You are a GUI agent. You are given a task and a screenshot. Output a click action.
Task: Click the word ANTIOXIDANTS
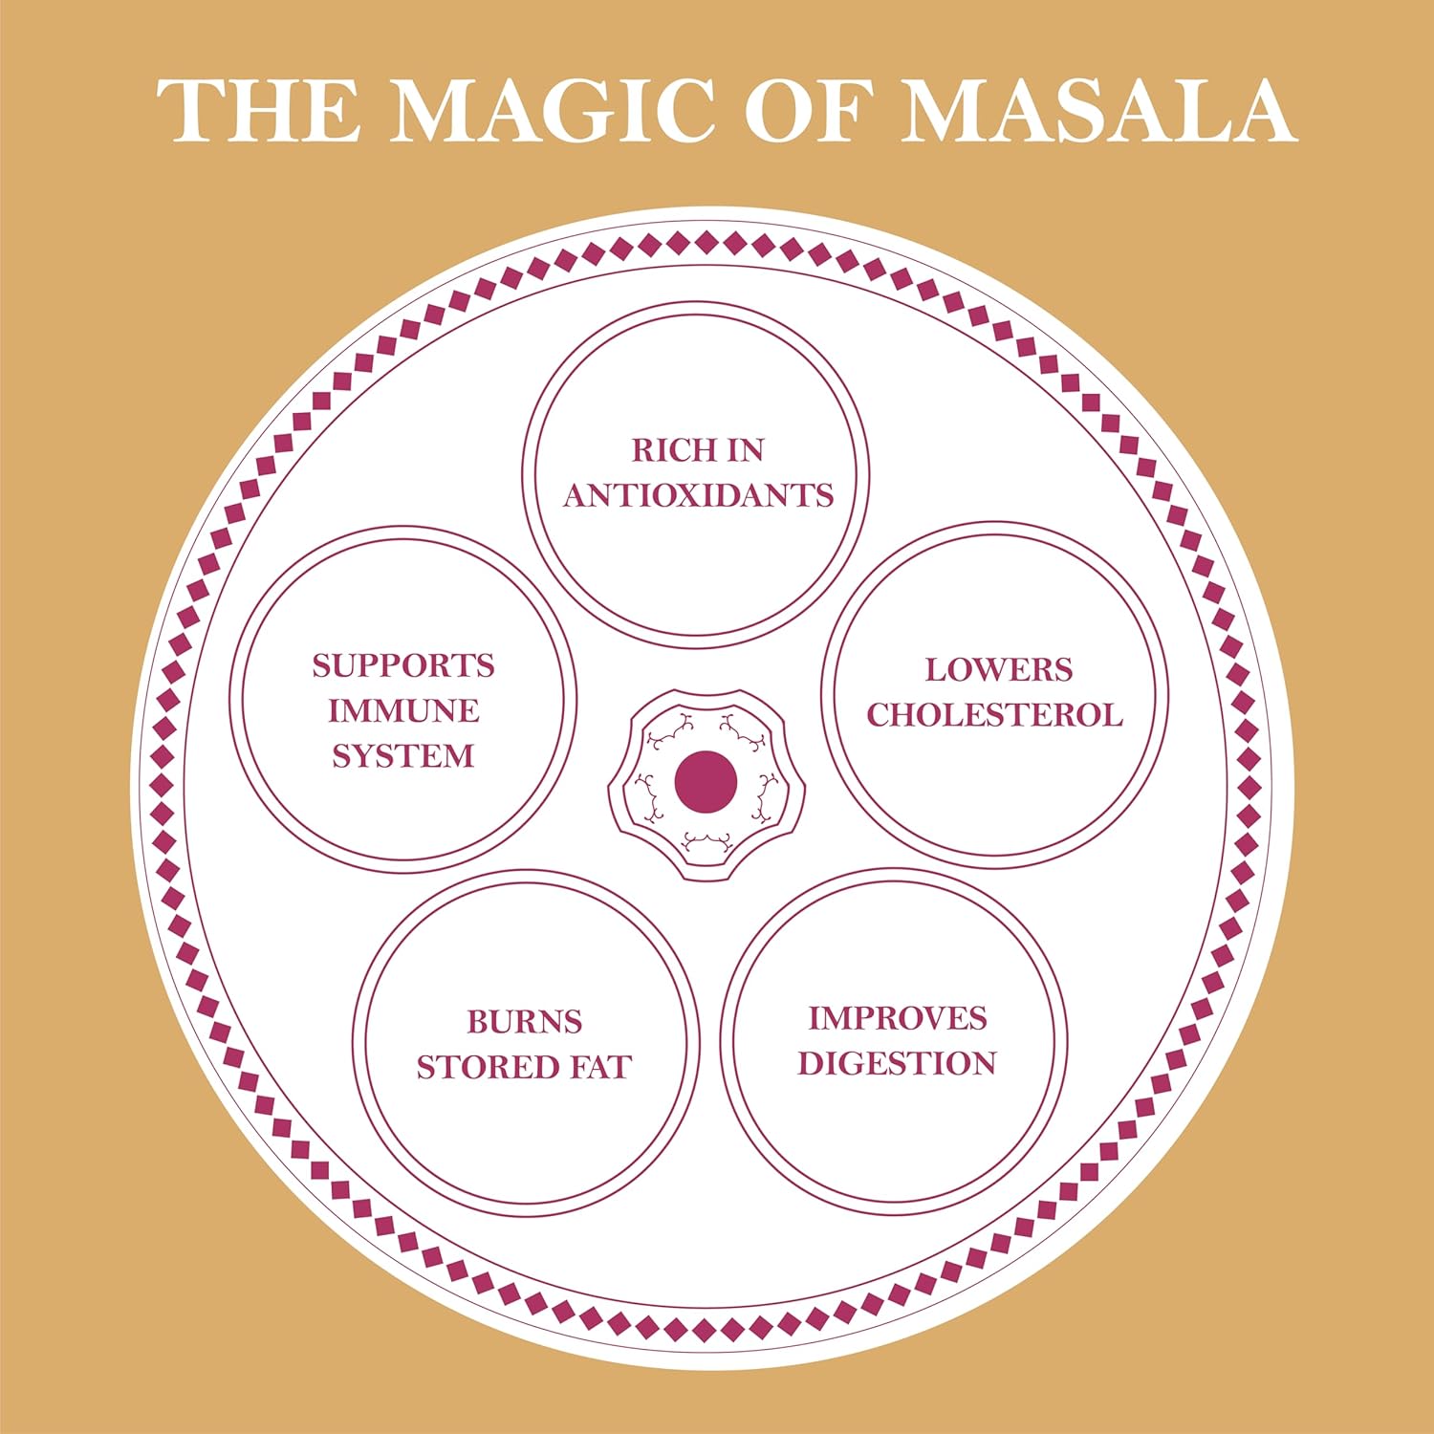698,495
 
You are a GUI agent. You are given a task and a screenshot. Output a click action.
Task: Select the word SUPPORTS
403,665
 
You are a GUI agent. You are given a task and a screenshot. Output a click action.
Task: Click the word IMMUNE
403,711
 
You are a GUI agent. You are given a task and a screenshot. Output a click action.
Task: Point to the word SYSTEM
403,756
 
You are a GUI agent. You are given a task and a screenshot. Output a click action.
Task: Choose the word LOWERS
998,670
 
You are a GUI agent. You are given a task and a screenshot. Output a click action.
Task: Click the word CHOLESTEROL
994,715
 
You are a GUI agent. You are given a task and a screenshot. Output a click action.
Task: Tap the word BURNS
525,1022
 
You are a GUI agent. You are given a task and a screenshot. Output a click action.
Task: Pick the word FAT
601,1067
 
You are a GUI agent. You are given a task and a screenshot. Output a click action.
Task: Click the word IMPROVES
898,1019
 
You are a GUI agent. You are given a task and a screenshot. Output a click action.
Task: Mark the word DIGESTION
897,1064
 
